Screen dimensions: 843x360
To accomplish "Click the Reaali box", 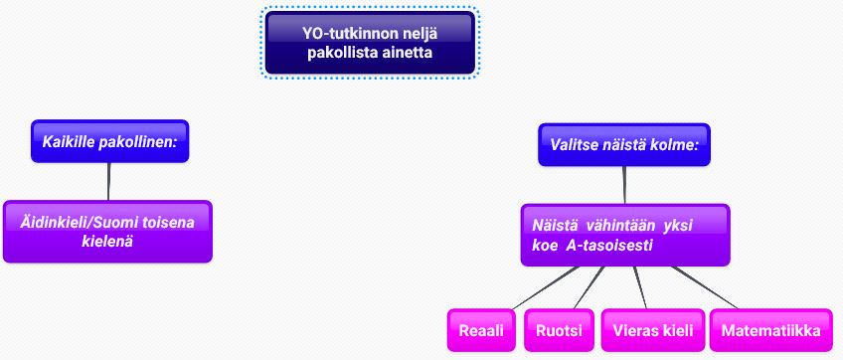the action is coord(481,330).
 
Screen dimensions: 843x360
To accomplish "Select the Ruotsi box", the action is coord(559,330).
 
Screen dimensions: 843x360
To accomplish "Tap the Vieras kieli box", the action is coord(653,330).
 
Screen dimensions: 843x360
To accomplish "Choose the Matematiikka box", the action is coord(771,330).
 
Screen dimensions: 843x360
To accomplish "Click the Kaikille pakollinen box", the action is coord(109,141).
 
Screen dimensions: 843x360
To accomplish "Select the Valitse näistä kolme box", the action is coord(624,145).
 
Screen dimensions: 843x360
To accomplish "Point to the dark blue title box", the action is coord(371,43).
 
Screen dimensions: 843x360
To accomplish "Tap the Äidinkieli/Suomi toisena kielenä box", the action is coord(107,232).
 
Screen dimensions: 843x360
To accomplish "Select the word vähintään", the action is coord(618,226).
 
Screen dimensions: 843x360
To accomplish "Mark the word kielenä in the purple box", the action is coord(107,241).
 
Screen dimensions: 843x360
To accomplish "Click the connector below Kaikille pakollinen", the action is coord(108,181).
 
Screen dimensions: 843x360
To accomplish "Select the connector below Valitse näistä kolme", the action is coord(624,185).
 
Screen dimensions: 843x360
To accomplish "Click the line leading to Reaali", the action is coord(545,287).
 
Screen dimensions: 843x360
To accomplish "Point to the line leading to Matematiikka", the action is coord(704,287).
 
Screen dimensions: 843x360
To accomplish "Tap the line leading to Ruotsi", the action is coord(590,287).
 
